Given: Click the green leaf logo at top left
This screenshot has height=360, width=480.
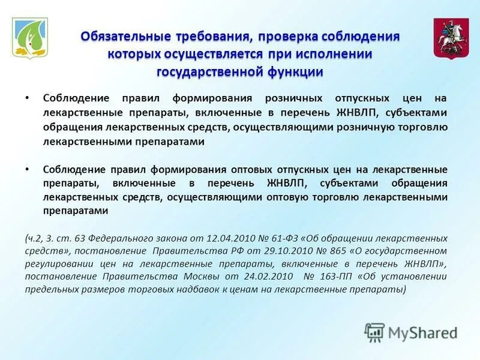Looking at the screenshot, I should click(x=30, y=37).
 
